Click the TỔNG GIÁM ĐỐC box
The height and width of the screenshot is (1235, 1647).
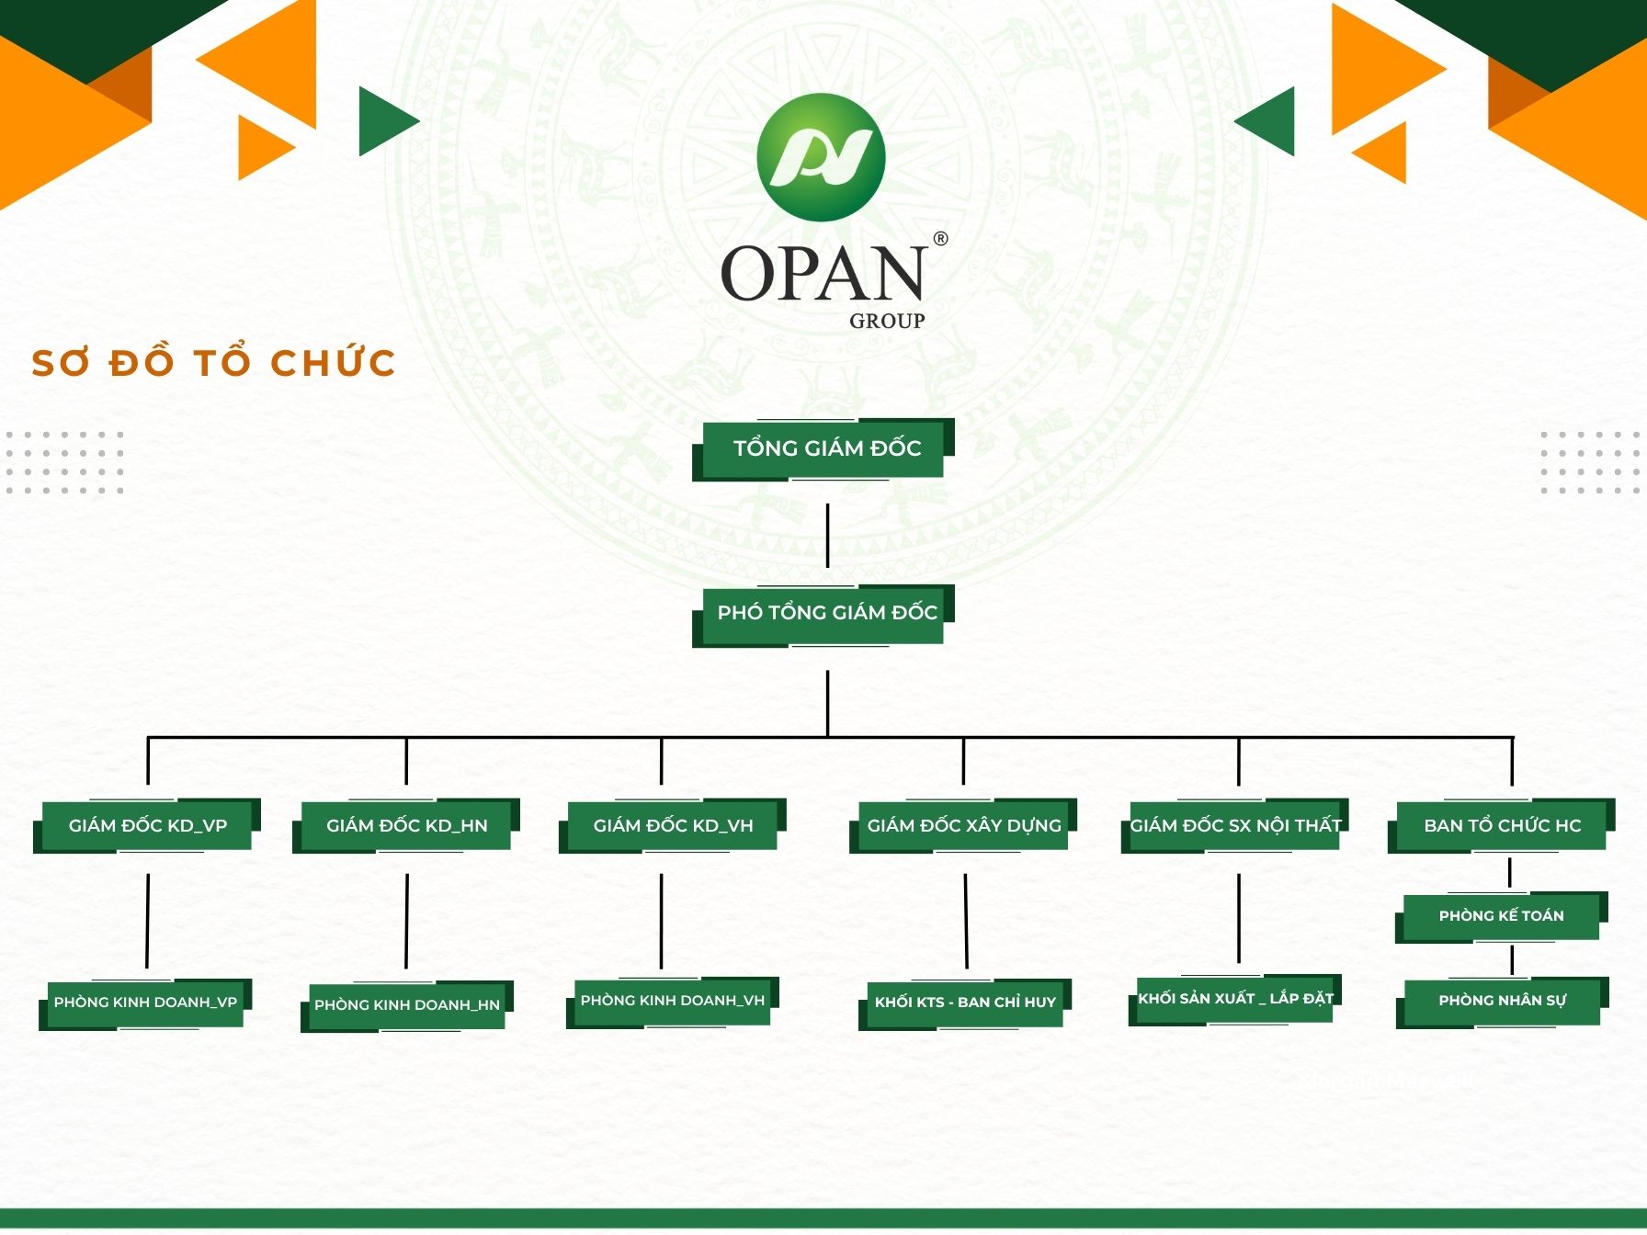click(x=823, y=449)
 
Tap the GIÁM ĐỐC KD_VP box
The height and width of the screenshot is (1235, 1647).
click(x=147, y=825)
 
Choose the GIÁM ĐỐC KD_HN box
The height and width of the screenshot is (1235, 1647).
click(x=406, y=825)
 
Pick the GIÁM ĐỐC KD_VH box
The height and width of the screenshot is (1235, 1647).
click(x=673, y=825)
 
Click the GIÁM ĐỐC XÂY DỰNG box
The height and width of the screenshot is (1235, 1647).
click(x=963, y=825)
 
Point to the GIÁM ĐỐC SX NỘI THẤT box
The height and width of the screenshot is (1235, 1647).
click(x=1235, y=825)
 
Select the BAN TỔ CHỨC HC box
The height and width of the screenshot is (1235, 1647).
click(x=1502, y=825)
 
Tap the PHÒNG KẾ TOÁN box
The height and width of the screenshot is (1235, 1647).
click(x=1502, y=916)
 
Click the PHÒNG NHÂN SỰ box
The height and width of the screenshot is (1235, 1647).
click(x=1503, y=1002)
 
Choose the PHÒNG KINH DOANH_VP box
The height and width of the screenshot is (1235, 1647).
click(x=145, y=1003)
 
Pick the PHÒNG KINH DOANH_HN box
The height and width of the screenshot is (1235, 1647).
click(x=407, y=1006)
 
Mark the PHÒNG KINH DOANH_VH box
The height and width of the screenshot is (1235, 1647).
click(x=673, y=1002)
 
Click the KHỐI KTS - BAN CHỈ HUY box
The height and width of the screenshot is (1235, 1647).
click(x=965, y=1003)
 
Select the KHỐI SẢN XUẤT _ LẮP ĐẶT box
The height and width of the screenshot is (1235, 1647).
click(x=1235, y=1000)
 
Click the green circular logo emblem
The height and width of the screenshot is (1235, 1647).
click(x=821, y=157)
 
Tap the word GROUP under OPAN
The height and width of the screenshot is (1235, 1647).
click(x=887, y=321)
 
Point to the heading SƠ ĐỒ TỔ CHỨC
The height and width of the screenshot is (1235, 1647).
click(x=213, y=362)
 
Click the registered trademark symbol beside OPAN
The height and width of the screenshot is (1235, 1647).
click(x=940, y=239)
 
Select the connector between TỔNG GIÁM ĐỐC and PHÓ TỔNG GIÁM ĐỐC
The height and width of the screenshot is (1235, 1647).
click(x=827, y=535)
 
